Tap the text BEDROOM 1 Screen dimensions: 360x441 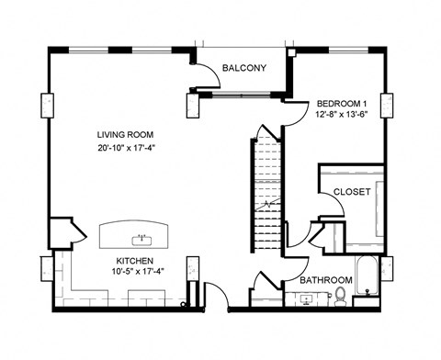click(342, 103)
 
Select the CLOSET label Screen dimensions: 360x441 click(352, 192)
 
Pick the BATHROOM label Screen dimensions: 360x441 click(326, 280)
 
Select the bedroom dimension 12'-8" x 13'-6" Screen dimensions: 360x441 click(342, 115)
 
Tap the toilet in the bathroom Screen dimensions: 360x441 click(340, 295)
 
